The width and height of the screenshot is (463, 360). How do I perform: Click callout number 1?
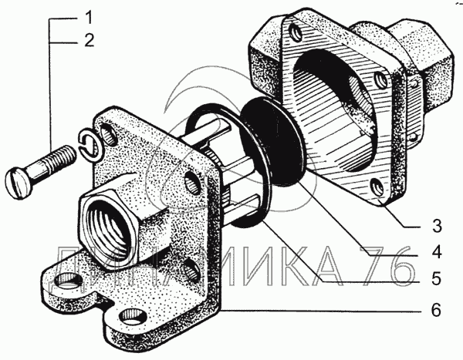point(88,17)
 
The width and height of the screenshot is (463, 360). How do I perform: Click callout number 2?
point(89,40)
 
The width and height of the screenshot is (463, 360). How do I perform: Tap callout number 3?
point(437,226)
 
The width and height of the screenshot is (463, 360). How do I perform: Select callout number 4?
point(437,252)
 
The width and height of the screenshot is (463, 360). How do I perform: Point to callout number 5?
point(437,278)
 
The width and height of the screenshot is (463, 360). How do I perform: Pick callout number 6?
point(436,310)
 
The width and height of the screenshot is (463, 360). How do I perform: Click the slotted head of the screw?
point(18,183)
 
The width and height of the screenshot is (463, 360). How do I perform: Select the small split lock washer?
point(90,145)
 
